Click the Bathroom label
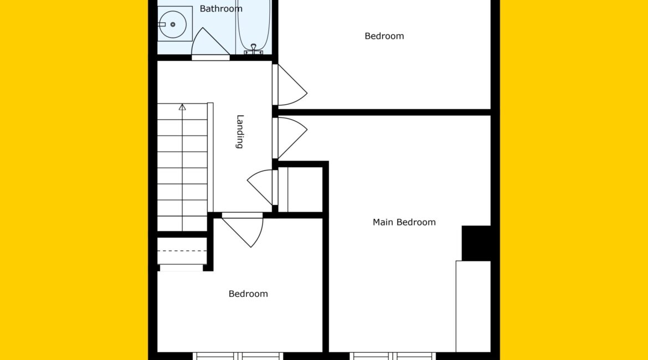[220, 9]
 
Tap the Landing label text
[240, 131]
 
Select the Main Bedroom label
[404, 222]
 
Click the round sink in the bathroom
[173, 24]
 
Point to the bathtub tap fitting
[253, 49]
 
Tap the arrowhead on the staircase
[182, 107]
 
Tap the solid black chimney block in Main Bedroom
[476, 243]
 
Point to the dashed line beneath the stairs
[182, 251]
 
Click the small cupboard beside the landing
[300, 189]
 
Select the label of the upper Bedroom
[384, 37]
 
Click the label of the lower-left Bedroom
[248, 294]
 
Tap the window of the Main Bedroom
[393, 356]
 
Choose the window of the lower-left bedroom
[238, 356]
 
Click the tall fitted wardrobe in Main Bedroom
[473, 306]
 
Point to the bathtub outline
[254, 27]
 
